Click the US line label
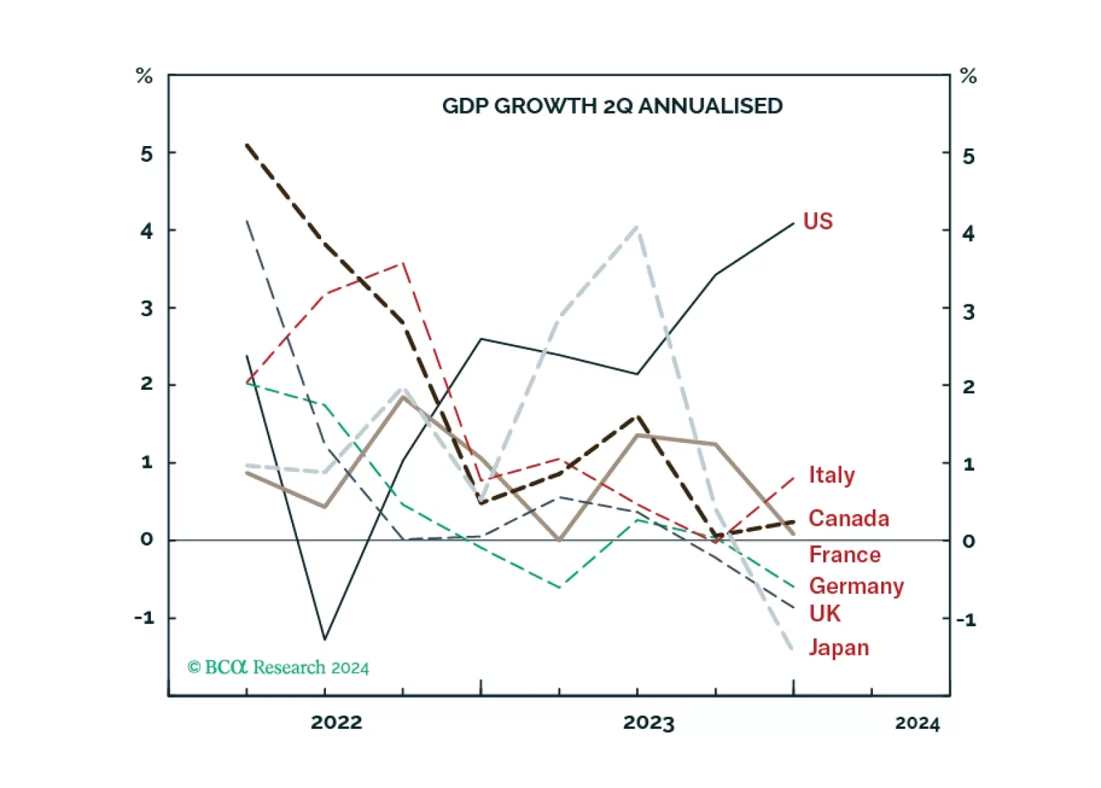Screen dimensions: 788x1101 (818, 221)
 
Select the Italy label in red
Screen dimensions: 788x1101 (832, 475)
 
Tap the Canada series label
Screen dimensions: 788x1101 (848, 518)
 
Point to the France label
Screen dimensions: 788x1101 (845, 554)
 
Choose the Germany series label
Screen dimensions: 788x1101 (856, 586)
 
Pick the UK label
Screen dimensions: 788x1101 (825, 614)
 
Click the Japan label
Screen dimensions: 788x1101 (838, 647)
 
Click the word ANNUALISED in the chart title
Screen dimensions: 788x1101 (710, 106)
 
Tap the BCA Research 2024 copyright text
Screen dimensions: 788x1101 (278, 667)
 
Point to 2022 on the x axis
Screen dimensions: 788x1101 (336, 723)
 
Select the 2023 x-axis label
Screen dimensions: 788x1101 (648, 723)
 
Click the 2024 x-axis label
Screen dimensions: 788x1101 (917, 723)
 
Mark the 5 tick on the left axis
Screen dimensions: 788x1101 (147, 154)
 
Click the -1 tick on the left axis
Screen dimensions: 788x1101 (145, 618)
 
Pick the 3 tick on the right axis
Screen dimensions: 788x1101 (969, 312)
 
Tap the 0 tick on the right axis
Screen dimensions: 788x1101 (969, 541)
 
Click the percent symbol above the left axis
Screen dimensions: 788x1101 (144, 76)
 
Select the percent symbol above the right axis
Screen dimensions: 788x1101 (968, 76)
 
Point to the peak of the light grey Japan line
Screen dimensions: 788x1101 (637, 227)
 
